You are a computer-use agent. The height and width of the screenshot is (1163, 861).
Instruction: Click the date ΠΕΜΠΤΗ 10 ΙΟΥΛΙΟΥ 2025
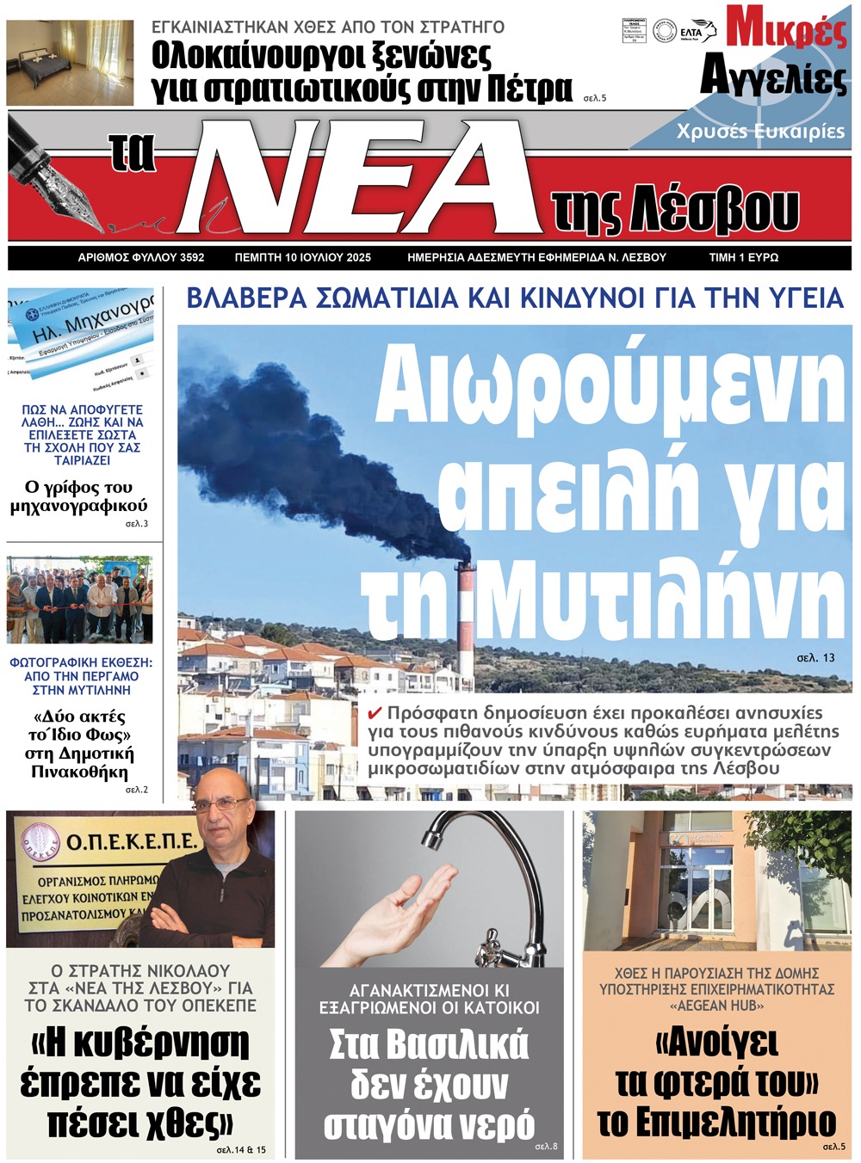coord(302,257)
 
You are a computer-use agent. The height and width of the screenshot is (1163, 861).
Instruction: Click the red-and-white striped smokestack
coord(465,624)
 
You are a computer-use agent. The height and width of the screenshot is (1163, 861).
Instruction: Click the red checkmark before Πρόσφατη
coord(375,713)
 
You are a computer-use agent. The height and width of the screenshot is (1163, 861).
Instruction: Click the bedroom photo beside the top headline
coord(70,63)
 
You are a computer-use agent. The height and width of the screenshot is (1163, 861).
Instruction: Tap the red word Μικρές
coord(785,28)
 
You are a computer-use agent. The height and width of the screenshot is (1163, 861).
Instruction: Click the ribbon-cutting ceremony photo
coord(79,600)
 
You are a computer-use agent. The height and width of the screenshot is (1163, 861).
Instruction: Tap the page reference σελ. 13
coord(815,657)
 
